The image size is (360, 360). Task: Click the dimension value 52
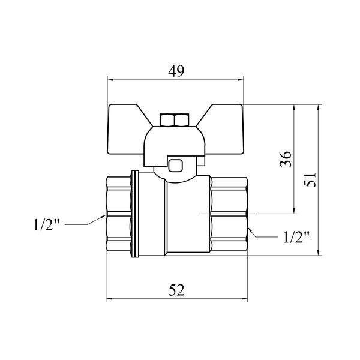pyautogui.click(x=176, y=290)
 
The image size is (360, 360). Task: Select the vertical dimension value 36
pyautogui.click(x=286, y=159)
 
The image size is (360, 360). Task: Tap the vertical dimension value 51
pyautogui.click(x=310, y=180)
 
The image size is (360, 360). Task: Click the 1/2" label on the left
pyautogui.click(x=46, y=225)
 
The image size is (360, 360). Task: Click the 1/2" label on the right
pyautogui.click(x=296, y=237)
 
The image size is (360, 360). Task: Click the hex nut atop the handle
pyautogui.click(x=175, y=120)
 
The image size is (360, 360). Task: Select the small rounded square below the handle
pyautogui.click(x=175, y=166)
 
